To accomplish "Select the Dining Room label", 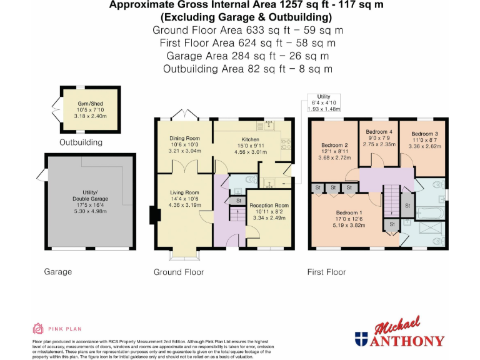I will [x=184, y=138].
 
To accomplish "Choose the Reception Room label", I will [x=269, y=205].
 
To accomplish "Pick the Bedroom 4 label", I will [x=379, y=132].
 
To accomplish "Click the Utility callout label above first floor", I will [x=323, y=96].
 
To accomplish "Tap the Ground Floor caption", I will [x=179, y=272].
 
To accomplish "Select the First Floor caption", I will [x=326, y=272].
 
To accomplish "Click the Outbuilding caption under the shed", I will [x=81, y=142].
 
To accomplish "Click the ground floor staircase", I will [x=237, y=216].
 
